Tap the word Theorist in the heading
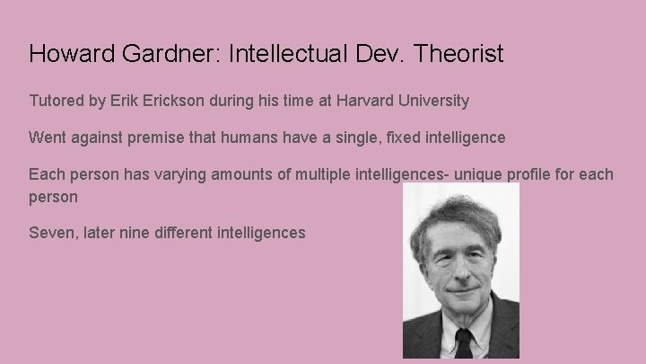[x=458, y=54]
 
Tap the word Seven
[x=51, y=233]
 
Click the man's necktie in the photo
[x=463, y=345]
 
